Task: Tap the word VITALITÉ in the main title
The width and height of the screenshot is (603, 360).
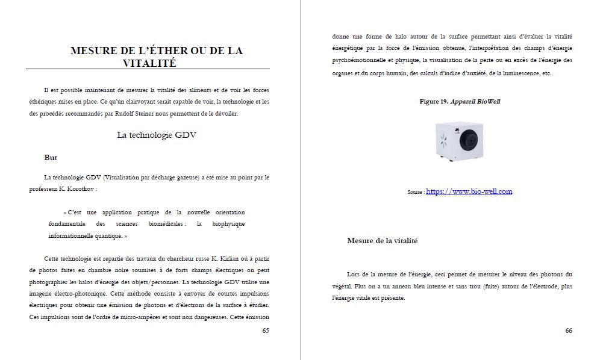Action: point(149,63)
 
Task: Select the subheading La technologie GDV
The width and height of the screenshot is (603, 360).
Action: point(157,135)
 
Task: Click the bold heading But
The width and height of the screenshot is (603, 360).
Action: point(51,158)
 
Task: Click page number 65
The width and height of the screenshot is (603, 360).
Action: point(266,331)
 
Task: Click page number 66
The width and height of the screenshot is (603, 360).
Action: point(569,331)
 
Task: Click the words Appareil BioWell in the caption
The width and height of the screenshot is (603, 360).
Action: point(479,102)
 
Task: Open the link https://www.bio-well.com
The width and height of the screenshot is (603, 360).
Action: point(469,191)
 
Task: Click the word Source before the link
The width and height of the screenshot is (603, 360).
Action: point(415,193)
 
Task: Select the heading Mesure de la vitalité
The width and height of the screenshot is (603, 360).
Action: point(382,241)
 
